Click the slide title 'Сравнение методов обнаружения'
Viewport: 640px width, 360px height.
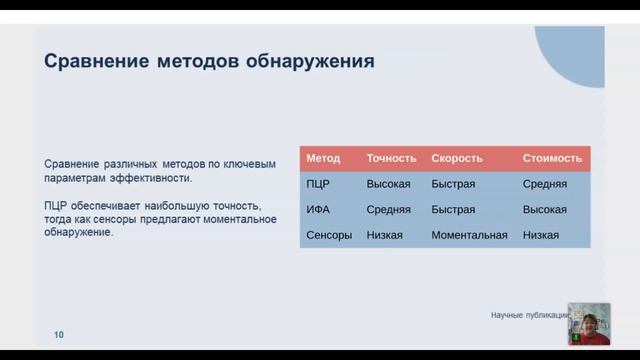pos(209,62)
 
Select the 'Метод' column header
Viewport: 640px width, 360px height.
pos(323,158)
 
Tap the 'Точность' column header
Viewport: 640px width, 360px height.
pos(391,158)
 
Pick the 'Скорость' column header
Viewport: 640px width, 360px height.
pos(457,158)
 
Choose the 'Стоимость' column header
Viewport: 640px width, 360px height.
pos(552,158)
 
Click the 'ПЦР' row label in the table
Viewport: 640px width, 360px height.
pos(318,184)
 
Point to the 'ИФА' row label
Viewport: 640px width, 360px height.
pos(319,210)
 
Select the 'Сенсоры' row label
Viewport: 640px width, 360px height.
pos(329,236)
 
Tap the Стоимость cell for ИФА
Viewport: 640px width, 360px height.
pos(545,210)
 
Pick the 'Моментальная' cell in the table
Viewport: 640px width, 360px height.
pos(469,236)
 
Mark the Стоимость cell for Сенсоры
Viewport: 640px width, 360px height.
pos(541,236)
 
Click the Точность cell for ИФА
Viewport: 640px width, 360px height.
pos(389,210)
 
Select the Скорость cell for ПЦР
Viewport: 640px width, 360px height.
pos(453,184)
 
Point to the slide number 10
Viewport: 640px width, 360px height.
pos(59,335)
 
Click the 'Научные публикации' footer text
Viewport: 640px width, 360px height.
pos(528,315)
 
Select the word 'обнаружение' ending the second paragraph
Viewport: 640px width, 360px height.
pos(80,232)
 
